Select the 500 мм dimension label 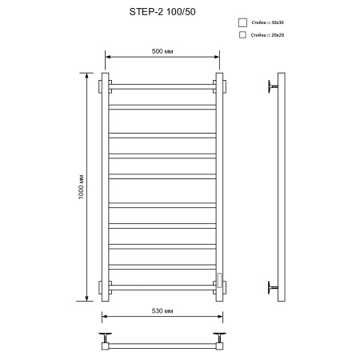tap(162, 51)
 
